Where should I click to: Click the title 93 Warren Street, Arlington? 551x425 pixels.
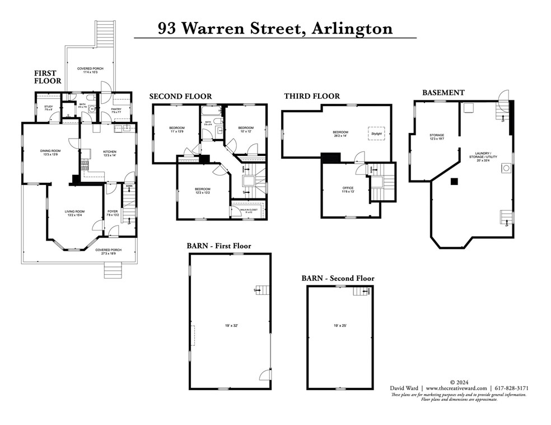pyautogui.click(x=275, y=28)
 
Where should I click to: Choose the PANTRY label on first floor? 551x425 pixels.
pyautogui.click(x=116, y=110)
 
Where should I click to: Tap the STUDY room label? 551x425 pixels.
pyautogui.click(x=49, y=108)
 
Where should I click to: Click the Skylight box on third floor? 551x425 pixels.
pyautogui.click(x=376, y=134)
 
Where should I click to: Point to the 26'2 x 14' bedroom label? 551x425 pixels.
pyautogui.click(x=340, y=134)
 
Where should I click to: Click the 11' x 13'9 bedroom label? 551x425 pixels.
pyautogui.click(x=177, y=130)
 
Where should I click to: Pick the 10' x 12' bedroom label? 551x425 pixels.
pyautogui.click(x=246, y=130)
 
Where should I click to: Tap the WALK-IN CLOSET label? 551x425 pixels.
pyautogui.click(x=249, y=210)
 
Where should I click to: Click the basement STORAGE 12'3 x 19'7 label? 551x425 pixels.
pyautogui.click(x=437, y=137)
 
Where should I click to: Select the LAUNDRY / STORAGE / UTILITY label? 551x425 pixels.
pyautogui.click(x=483, y=156)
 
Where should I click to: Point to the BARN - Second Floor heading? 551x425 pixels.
pyautogui.click(x=338, y=278)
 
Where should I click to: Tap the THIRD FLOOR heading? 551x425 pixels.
pyautogui.click(x=311, y=96)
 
